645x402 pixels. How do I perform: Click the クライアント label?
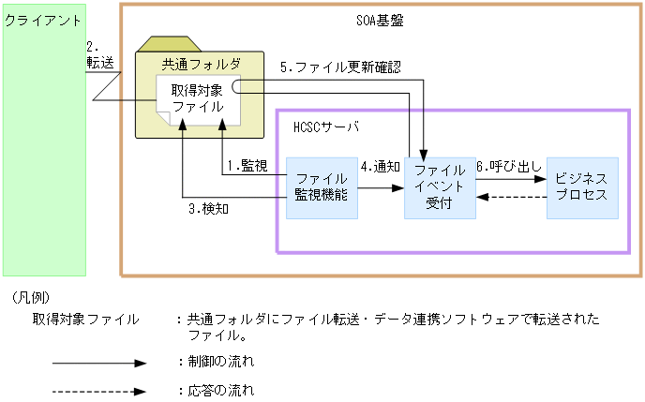(x=40, y=20)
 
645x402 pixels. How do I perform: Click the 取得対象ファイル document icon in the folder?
(x=197, y=99)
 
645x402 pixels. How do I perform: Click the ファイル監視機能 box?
(x=322, y=187)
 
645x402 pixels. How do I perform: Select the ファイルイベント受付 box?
(x=439, y=187)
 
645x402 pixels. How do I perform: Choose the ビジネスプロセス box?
(x=581, y=187)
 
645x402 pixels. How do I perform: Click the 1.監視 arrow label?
(x=247, y=166)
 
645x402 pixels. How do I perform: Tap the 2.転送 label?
(x=98, y=54)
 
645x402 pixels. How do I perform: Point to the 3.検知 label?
(x=209, y=208)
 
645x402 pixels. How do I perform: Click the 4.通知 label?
(x=381, y=166)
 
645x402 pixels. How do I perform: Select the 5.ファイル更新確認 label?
(x=340, y=67)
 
